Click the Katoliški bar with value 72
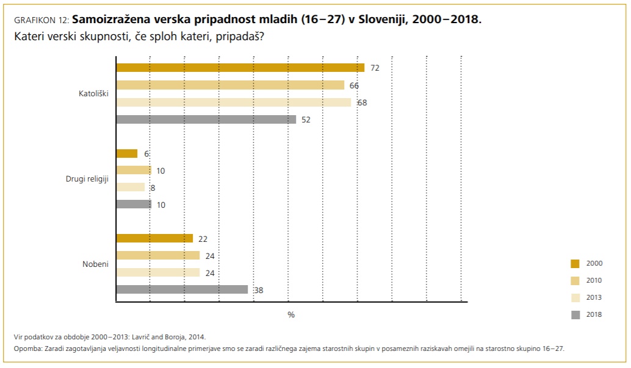[x=240, y=68]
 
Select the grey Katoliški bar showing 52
[x=206, y=119]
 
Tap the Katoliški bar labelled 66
[x=230, y=85]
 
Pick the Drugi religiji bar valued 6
[x=127, y=154]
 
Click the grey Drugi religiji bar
[x=134, y=205]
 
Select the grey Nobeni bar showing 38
[x=182, y=290]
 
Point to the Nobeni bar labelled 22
[x=154, y=238]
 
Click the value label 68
[x=362, y=102]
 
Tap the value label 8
[x=153, y=188]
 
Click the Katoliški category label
[x=93, y=94]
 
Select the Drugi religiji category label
[x=87, y=179]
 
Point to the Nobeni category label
[x=95, y=264]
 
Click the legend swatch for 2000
[x=575, y=263]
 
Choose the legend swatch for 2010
[x=575, y=280]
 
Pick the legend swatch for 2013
[x=575, y=297]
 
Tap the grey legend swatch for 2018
[x=575, y=314]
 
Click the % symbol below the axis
[x=291, y=314]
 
